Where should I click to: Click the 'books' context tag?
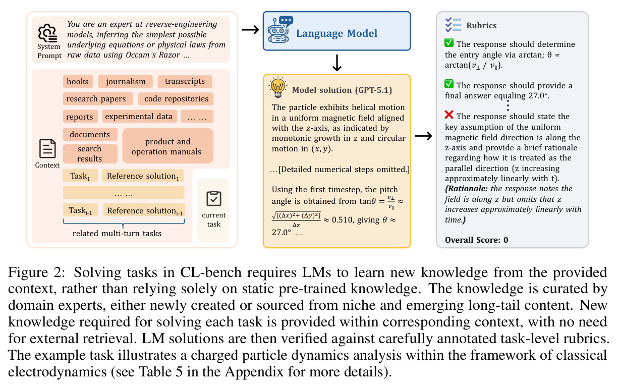[78, 81]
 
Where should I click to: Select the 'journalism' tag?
[126, 81]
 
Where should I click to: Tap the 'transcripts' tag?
[185, 81]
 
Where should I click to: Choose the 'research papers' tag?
[98, 99]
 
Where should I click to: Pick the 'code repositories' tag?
[176, 99]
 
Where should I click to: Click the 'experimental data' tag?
[139, 116]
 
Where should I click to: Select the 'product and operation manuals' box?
[167, 146]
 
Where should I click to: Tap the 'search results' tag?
[90, 154]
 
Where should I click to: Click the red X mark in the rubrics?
[449, 115]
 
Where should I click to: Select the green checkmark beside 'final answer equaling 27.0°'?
[449, 84]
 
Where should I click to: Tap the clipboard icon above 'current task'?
[214, 198]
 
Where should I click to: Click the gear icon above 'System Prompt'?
[47, 33]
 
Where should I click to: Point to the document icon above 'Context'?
[47, 148]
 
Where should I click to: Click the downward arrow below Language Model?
[337, 63]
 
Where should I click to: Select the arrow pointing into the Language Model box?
[250, 30]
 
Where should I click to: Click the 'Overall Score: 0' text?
[476, 240]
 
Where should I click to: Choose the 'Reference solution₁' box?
[143, 176]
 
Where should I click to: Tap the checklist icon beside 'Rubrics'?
[453, 25]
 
